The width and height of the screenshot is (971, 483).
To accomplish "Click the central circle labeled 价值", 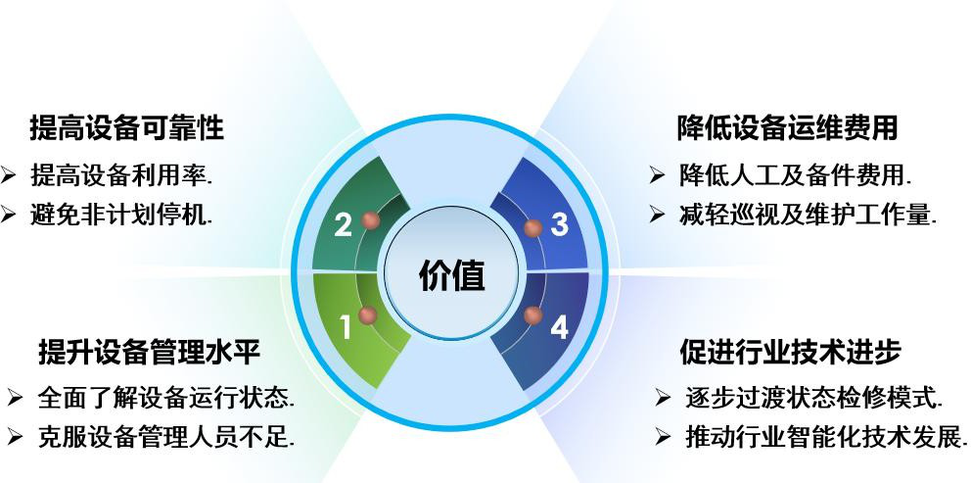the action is pos(451,272).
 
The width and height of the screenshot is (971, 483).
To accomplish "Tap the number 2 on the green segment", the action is pos(343,225).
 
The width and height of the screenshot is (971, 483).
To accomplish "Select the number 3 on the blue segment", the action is pos(559,224).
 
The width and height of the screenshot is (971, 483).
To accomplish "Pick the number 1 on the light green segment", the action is pos(345,327).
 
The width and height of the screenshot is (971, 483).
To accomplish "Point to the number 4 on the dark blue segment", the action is pos(559,327).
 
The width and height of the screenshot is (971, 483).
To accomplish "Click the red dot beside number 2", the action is pos(370,220).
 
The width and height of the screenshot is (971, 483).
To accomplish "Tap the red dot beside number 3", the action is pos(532,227).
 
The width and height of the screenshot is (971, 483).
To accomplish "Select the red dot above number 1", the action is pos(368,315).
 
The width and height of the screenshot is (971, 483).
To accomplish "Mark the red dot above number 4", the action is pos(532,315).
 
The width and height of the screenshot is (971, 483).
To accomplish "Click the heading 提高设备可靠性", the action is pos(127,128).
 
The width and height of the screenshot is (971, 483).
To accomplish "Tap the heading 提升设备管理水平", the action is pos(149,352).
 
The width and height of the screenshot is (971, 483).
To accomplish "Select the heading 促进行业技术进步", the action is pos(790,352).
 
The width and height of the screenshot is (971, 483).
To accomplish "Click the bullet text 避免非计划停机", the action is pos(121,215).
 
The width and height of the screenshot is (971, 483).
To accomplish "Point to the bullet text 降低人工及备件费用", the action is pos(795,176).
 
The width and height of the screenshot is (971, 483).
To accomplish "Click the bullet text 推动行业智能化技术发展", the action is pos(826,437).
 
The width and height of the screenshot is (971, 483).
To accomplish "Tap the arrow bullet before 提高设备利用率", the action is pos(8,175).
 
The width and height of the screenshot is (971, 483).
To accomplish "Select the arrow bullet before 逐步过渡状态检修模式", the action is pos(663,398).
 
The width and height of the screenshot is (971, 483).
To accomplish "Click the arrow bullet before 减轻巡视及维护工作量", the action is pos(657,216).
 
